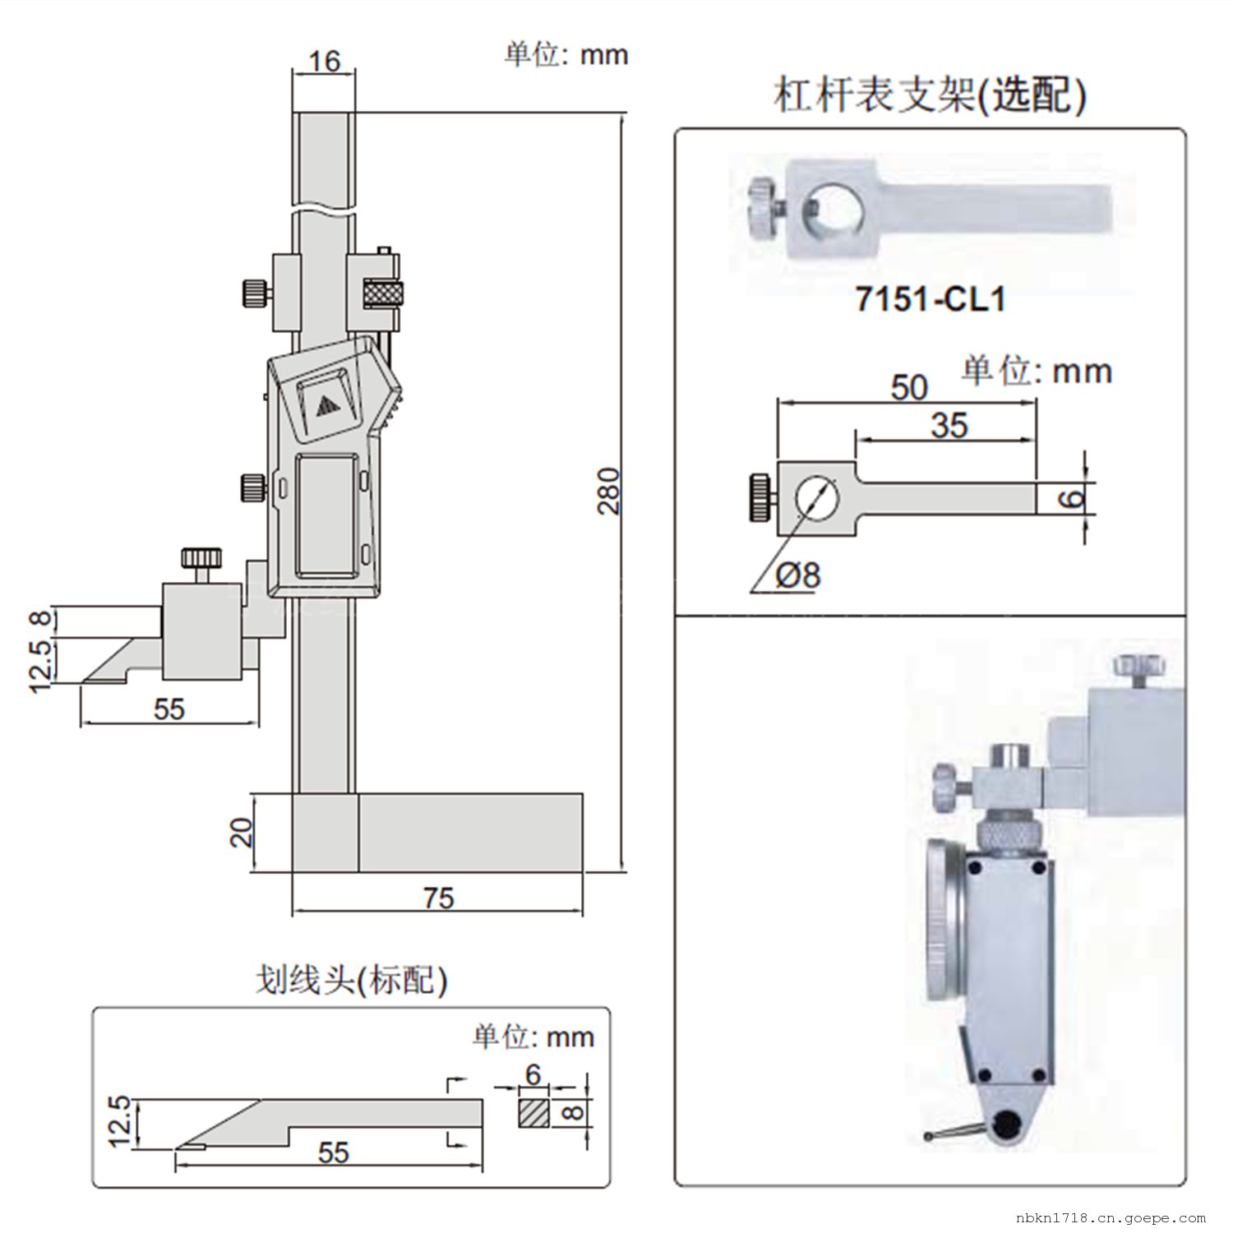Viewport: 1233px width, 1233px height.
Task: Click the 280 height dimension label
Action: coord(608,491)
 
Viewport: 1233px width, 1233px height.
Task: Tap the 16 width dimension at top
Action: coord(325,61)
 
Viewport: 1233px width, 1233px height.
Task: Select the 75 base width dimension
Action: coord(439,898)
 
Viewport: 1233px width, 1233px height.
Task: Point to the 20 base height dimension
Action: coord(242,833)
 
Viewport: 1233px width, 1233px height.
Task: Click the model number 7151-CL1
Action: coord(931,299)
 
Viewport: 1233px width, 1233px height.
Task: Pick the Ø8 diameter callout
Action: coord(798,575)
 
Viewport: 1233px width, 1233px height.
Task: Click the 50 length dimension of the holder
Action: coord(908,387)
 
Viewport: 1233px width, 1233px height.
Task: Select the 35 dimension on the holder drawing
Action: coord(949,425)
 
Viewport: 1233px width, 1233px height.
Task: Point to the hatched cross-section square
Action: coord(534,1114)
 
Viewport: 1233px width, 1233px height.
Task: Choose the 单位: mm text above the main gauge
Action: coord(566,54)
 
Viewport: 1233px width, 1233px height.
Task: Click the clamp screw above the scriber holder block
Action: coord(201,561)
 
